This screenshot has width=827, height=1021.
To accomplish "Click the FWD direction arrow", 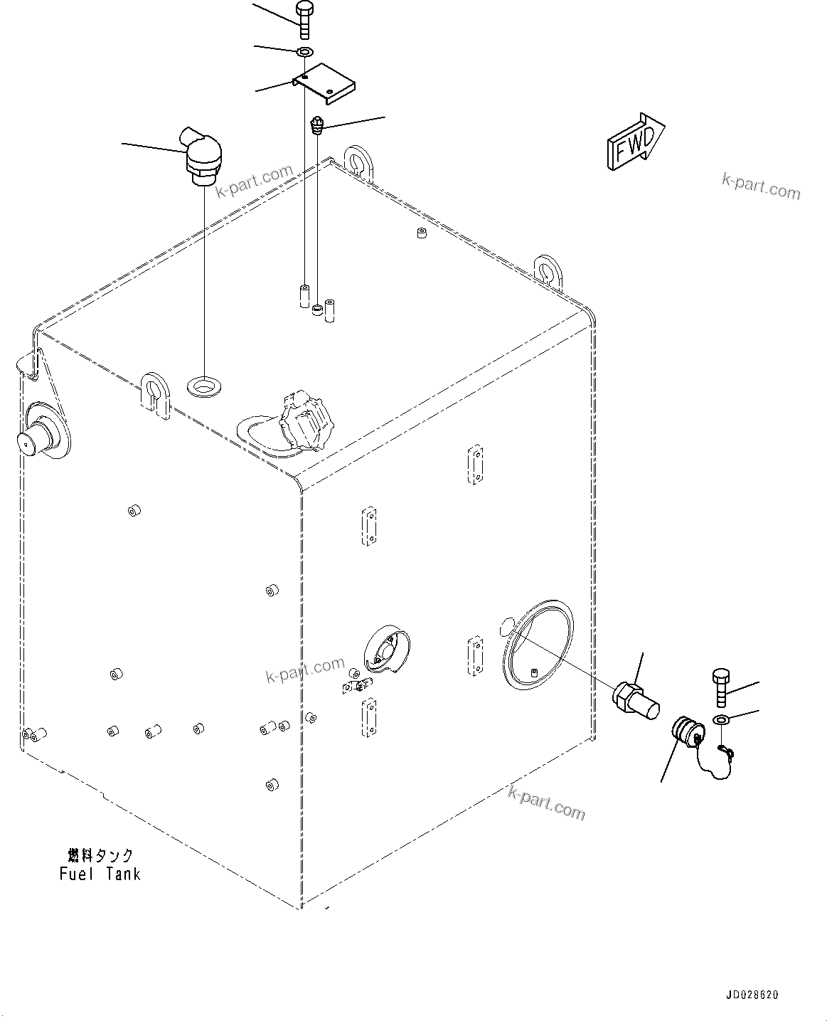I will pyautogui.click(x=635, y=142).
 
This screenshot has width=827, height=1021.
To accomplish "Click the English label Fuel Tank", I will pyautogui.click(x=100, y=874).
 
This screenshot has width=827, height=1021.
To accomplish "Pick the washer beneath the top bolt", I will pyautogui.click(x=305, y=52).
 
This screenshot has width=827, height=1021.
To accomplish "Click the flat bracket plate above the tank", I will pyautogui.click(x=324, y=85).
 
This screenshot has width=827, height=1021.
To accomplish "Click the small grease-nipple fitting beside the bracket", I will pyautogui.click(x=318, y=127).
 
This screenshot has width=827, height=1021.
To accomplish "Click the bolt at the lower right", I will pyautogui.click(x=719, y=684).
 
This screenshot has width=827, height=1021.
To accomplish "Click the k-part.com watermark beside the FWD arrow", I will pyautogui.click(x=761, y=186).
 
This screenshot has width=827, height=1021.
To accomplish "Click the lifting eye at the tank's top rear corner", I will pyautogui.click(x=357, y=160).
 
